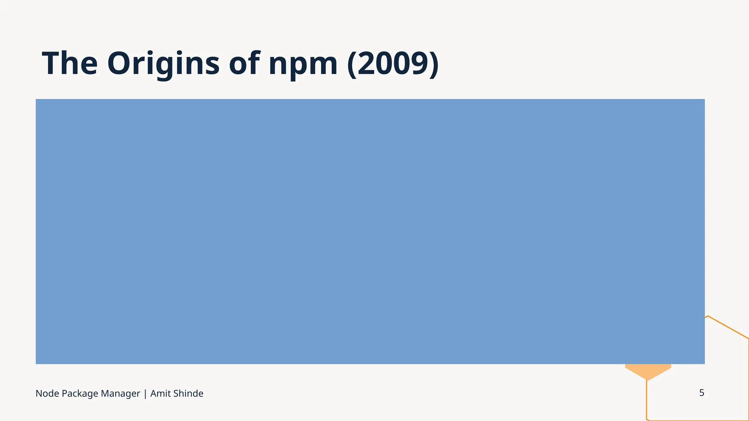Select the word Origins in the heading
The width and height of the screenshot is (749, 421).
(163, 64)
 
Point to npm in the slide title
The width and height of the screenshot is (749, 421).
(303, 65)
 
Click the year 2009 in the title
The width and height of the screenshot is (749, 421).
(393, 64)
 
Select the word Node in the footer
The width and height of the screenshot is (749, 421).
(47, 394)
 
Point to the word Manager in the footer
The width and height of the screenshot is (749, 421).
(120, 394)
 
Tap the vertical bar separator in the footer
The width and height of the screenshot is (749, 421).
(145, 394)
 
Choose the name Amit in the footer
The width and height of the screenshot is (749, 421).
(160, 394)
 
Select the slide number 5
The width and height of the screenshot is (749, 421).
(701, 393)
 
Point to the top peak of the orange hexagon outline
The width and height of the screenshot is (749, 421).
(708, 316)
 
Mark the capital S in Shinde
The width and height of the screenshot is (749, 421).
(176, 394)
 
